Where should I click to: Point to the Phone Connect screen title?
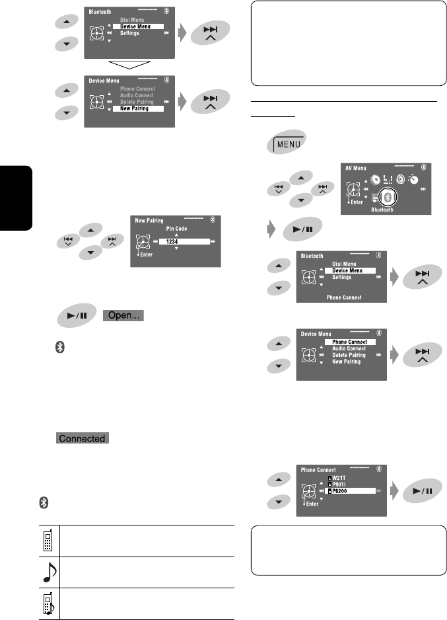point(319,470)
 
